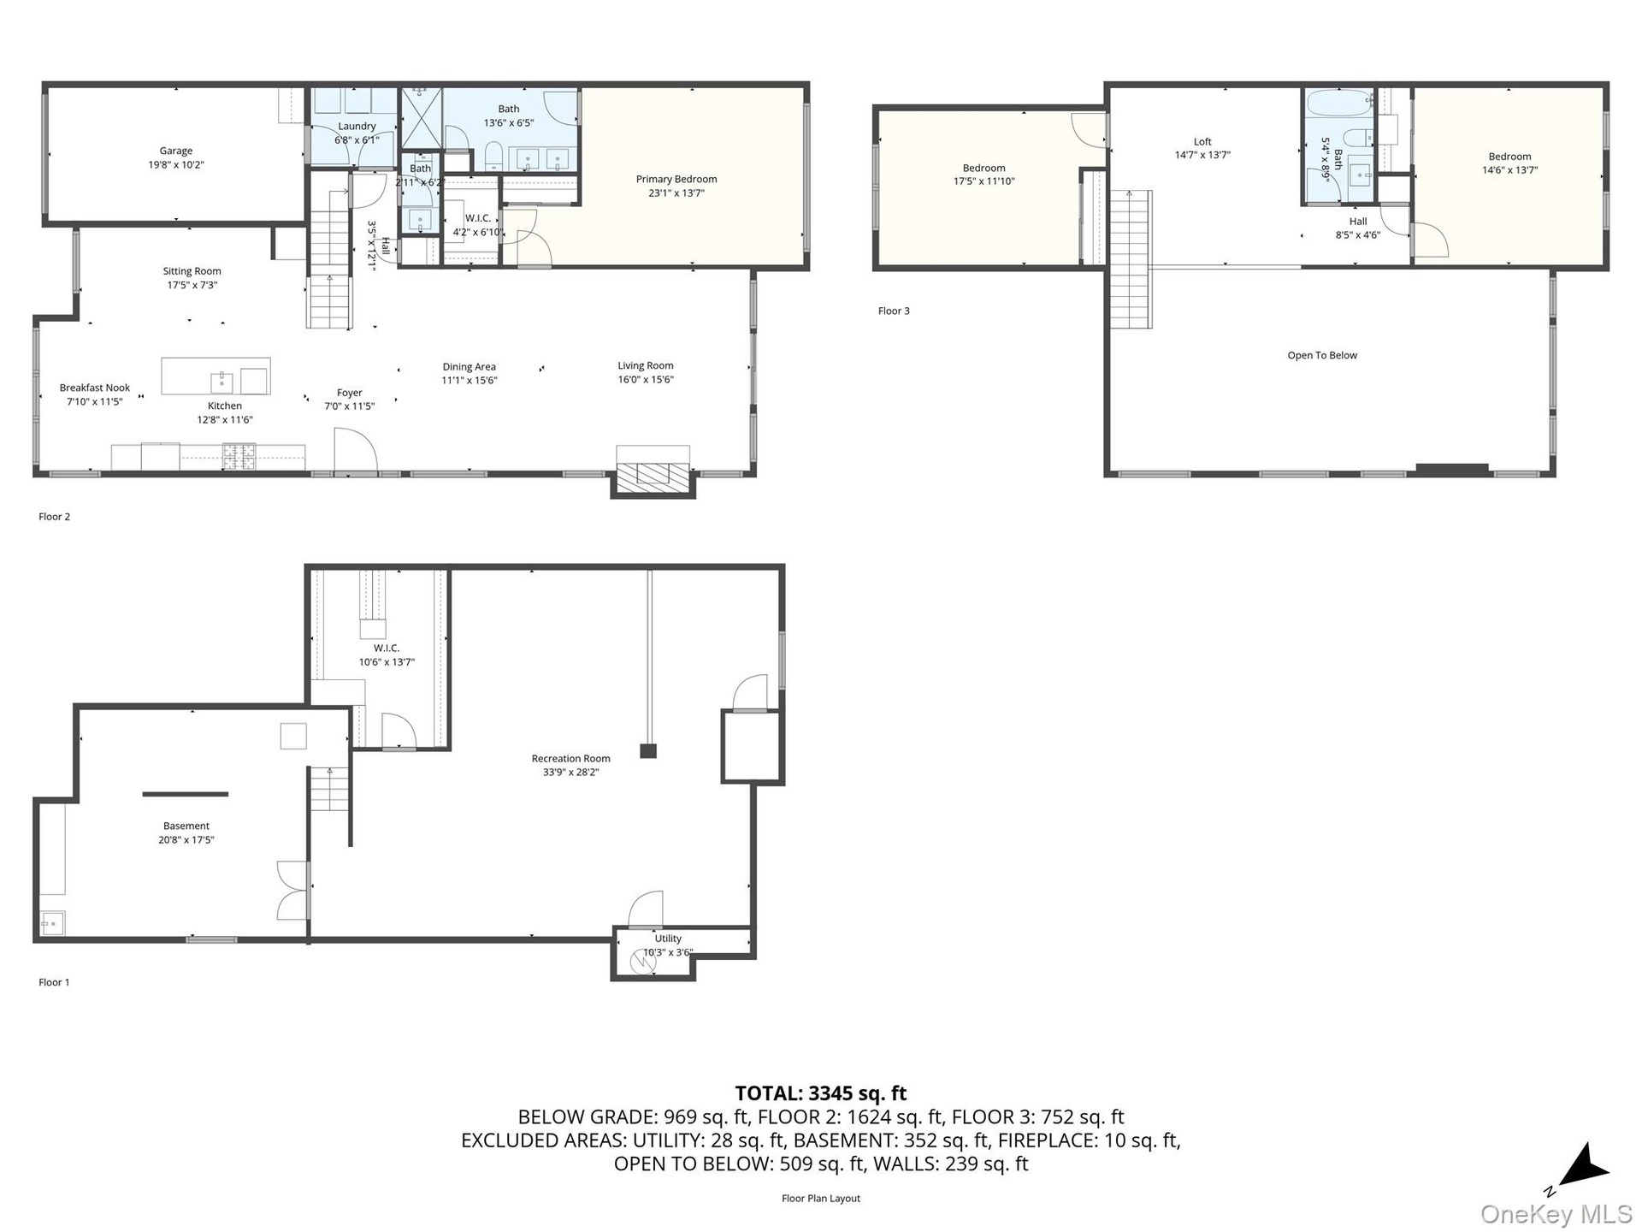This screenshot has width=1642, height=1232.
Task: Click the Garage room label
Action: point(176,151)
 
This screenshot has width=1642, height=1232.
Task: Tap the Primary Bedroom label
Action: point(676,179)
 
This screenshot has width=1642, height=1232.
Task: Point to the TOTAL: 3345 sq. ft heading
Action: point(821,1093)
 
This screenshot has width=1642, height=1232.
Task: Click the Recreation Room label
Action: point(570,758)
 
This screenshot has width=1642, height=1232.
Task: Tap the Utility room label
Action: point(668,939)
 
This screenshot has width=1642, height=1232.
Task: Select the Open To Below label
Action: point(1322,355)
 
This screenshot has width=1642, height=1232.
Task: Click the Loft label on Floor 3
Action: point(1202,142)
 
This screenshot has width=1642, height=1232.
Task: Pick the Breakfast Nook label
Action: point(95,388)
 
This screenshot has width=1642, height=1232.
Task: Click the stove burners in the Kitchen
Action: point(239,456)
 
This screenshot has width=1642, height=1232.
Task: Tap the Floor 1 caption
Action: point(54,982)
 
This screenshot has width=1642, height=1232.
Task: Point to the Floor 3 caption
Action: point(894,311)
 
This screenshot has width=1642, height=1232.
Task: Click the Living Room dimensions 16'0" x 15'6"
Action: point(646,380)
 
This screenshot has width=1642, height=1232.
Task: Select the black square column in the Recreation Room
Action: point(648,751)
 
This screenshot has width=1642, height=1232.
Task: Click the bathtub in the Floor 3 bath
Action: point(1338,104)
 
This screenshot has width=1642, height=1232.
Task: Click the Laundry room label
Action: point(357,126)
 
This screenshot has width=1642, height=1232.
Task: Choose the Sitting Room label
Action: point(192,271)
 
